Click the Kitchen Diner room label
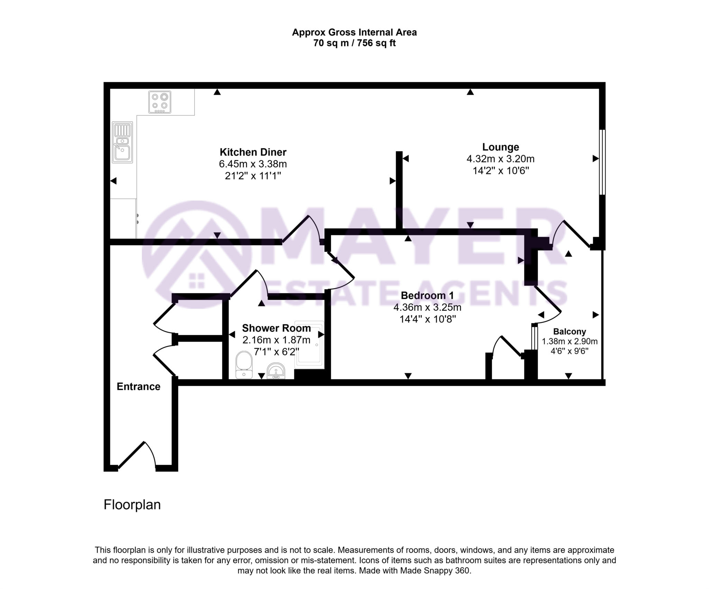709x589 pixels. tap(253, 152)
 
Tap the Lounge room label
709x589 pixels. tap(500, 147)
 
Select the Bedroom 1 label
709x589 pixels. tap(427, 296)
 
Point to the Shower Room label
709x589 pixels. tap(276, 328)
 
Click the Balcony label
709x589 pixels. tap(569, 332)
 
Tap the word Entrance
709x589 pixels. tap(138, 387)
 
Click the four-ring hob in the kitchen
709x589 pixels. tap(160, 102)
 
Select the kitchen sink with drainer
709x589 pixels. tap(122, 142)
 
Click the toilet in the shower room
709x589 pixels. tap(244, 365)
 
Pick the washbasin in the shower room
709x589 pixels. tap(276, 371)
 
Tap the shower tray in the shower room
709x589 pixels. tap(309, 345)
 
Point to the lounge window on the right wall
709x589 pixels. tap(602, 162)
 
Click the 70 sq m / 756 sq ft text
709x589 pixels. tap(354, 43)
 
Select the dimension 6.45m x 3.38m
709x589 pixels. tap(253, 164)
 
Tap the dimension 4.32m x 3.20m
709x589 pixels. tap(500, 159)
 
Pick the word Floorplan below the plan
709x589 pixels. tap(132, 505)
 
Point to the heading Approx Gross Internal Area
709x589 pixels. tap(354, 33)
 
